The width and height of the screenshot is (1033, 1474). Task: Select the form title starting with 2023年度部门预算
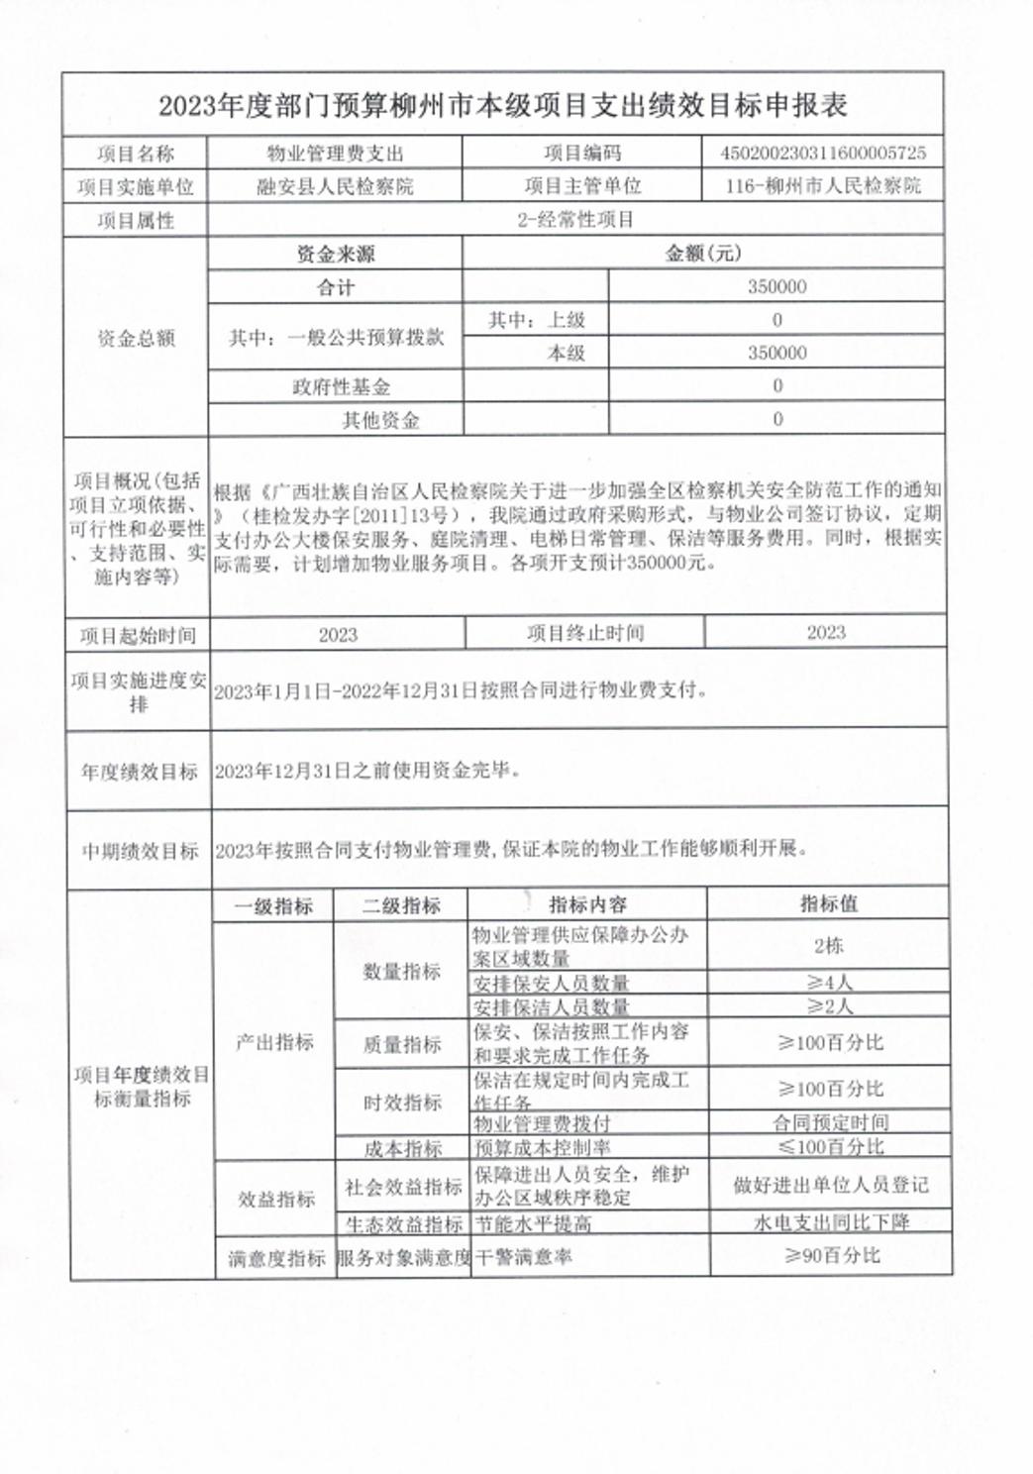click(502, 106)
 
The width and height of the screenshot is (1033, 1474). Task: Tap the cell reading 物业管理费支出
click(335, 154)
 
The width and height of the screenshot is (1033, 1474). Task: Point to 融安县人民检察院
click(335, 186)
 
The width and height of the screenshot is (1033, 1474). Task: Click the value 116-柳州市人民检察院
click(823, 185)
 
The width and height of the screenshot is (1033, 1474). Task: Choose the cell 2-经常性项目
click(575, 220)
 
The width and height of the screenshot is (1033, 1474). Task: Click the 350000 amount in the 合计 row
click(776, 286)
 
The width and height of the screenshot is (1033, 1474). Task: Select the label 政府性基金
click(341, 386)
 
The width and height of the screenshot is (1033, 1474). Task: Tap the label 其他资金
click(380, 420)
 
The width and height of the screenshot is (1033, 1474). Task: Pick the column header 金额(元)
click(702, 254)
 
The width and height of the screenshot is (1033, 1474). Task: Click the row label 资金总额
click(136, 339)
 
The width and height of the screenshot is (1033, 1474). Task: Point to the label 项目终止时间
click(585, 633)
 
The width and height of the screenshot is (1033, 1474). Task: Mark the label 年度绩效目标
click(140, 772)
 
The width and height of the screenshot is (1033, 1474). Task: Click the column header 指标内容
click(587, 904)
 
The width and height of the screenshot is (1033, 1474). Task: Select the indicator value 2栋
click(828, 946)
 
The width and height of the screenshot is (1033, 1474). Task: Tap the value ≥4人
click(828, 983)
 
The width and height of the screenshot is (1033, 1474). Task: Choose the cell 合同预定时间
click(830, 1122)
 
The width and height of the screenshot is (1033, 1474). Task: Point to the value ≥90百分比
click(831, 1256)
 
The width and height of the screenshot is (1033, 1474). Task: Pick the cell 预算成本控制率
click(542, 1148)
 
